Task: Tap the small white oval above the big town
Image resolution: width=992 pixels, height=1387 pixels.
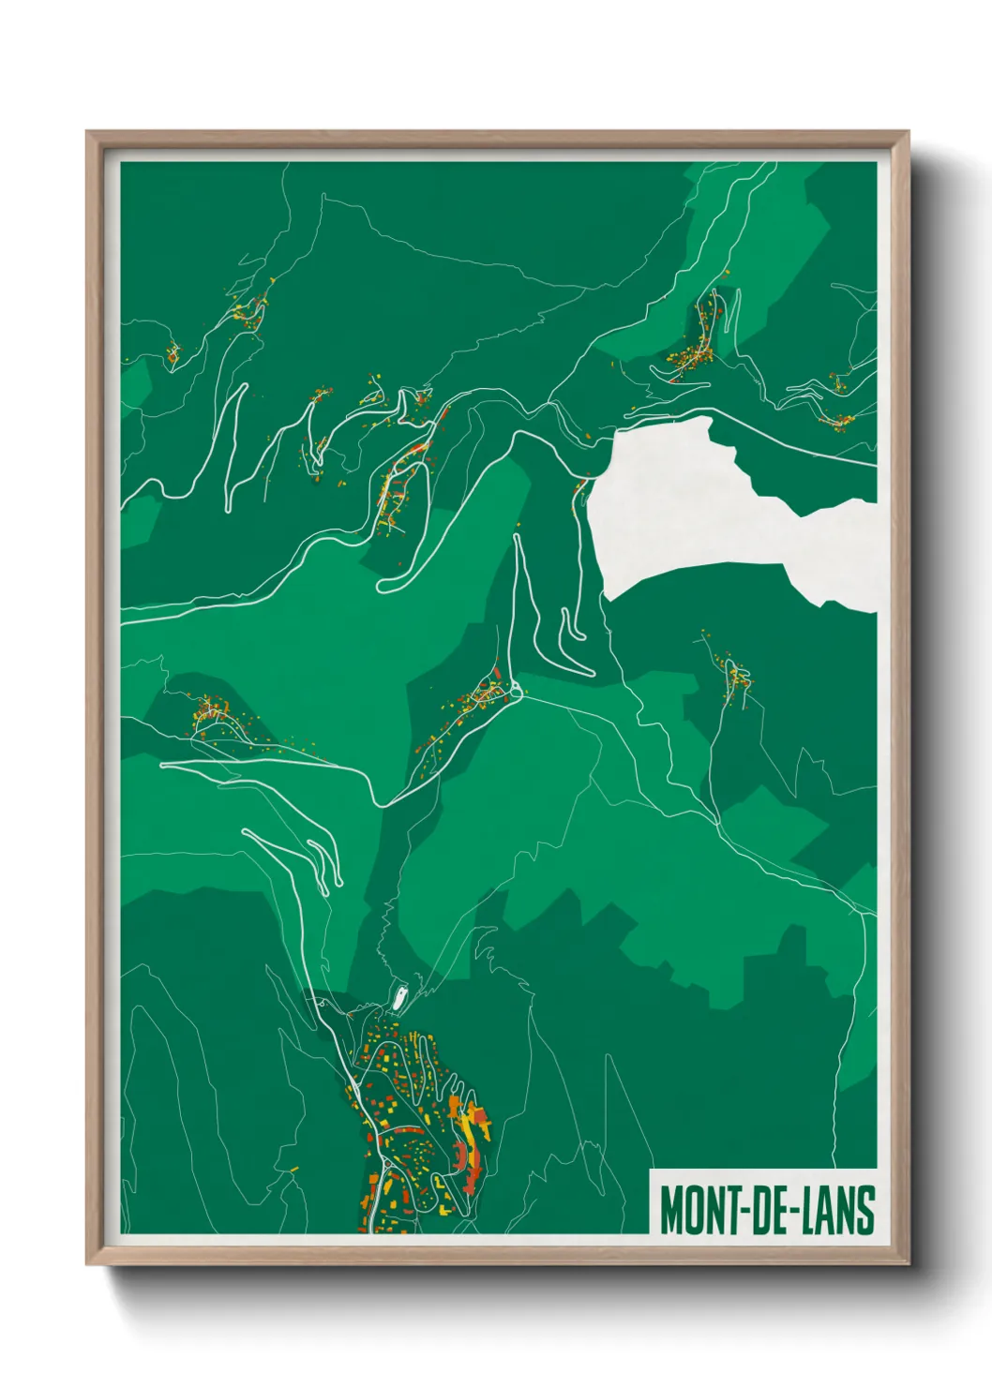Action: click(x=400, y=999)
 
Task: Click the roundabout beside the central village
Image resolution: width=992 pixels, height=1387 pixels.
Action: click(x=515, y=693)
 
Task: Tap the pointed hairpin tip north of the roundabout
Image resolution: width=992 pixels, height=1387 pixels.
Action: click(x=516, y=538)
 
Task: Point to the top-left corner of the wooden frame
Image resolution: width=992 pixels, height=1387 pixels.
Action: click(x=88, y=133)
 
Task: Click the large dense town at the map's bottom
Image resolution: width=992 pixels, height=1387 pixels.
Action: click(x=422, y=1125)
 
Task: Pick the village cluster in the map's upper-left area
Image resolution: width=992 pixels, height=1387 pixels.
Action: click(x=249, y=309)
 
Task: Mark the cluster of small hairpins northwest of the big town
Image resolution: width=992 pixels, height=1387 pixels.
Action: click(x=319, y=858)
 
